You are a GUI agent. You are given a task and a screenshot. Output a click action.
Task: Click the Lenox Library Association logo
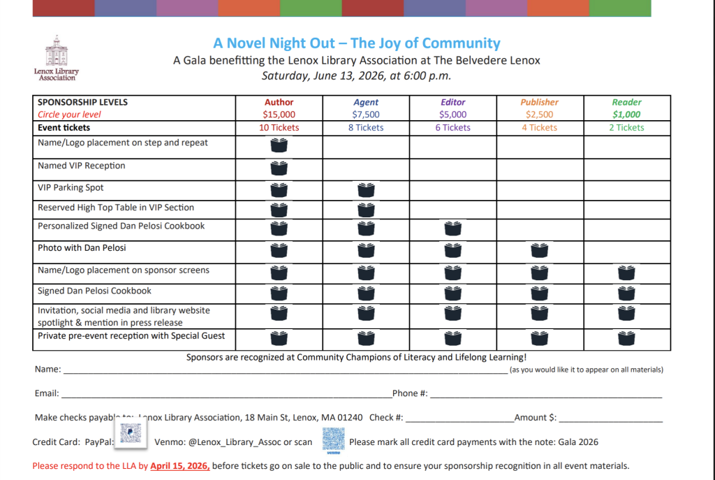tap(56, 58)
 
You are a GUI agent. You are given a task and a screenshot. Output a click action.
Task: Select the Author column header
tap(279, 102)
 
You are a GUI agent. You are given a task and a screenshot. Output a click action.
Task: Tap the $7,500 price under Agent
tap(366, 115)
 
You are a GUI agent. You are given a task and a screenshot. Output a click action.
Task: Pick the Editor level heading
tap(452, 102)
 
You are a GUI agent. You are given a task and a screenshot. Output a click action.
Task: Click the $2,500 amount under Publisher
tap(539, 115)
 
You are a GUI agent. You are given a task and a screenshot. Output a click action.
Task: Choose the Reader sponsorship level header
tap(626, 102)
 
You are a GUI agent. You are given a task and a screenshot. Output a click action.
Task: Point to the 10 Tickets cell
tap(279, 128)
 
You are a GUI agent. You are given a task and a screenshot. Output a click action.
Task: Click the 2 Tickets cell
tap(626, 128)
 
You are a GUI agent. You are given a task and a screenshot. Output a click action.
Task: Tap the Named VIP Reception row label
tap(82, 166)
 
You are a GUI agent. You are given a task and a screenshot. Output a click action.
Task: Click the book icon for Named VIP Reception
tap(279, 168)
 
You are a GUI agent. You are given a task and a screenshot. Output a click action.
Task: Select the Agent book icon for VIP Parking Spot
tap(366, 189)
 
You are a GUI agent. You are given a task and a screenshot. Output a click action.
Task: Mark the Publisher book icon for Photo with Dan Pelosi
tap(539, 250)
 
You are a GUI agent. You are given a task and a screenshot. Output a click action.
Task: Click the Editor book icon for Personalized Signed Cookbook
tap(452, 228)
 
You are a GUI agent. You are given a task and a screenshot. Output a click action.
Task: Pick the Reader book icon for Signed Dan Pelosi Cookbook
tap(626, 293)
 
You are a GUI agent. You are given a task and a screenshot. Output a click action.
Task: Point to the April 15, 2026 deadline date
tap(179, 465)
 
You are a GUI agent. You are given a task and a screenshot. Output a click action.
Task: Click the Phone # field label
tap(410, 393)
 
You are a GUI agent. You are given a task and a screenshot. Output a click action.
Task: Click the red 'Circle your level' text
tap(69, 115)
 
